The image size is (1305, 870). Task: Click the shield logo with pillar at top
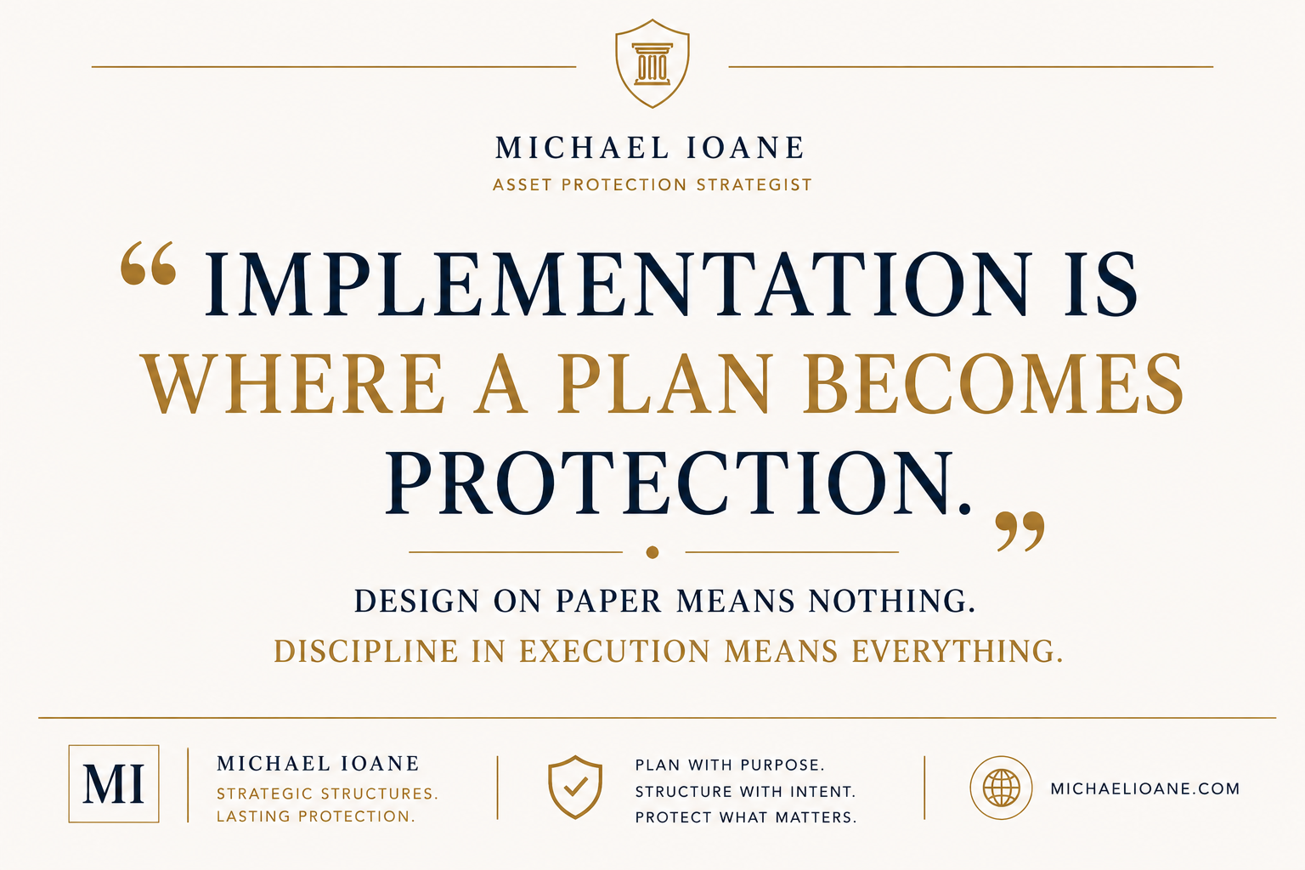[652, 64]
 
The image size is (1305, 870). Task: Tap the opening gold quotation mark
[148, 263]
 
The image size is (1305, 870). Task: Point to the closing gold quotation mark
[1020, 531]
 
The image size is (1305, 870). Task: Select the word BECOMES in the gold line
[992, 383]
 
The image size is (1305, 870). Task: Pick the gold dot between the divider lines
[652, 552]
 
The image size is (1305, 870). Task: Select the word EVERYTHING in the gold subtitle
[958, 651]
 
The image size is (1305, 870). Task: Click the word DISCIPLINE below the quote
[366, 651]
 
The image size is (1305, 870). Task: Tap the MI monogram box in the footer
[114, 783]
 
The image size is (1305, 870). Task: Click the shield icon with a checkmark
[575, 788]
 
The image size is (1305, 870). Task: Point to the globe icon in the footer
[1001, 788]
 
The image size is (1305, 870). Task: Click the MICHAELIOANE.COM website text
[1144, 788]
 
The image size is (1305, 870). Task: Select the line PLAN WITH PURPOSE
[730, 765]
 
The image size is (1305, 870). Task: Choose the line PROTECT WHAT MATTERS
[746, 817]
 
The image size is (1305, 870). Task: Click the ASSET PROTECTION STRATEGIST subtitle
[652, 185]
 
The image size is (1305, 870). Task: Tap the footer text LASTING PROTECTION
[316, 816]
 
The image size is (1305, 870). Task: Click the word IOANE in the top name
[746, 148]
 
